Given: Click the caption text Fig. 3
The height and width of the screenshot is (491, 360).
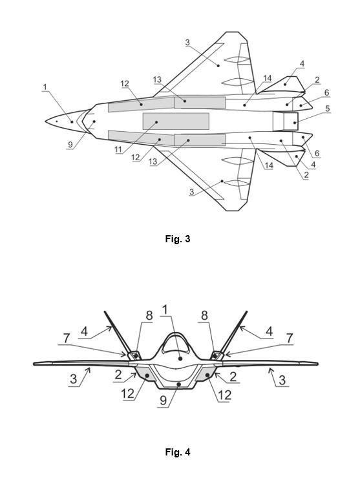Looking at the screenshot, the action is tap(177, 239).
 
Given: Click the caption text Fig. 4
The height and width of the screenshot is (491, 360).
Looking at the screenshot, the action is tap(177, 452).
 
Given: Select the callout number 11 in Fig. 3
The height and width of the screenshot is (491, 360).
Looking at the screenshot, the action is tap(118, 150).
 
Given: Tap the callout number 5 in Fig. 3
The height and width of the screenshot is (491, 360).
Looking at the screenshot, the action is tap(327, 109).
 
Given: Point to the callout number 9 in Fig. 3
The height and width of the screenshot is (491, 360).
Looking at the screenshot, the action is tap(70, 144).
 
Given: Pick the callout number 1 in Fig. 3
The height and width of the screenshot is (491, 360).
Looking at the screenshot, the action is tap(45, 87).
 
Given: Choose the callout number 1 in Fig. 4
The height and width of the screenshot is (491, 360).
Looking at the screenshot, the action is tap(165, 309).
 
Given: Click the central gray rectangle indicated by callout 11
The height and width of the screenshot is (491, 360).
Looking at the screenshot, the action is tap(176, 121).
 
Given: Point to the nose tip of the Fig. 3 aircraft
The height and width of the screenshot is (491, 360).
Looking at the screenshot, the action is tap(46, 121).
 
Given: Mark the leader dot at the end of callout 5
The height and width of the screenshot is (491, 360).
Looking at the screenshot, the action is tap(295, 123).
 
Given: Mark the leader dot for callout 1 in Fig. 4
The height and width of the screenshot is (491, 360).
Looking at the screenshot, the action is tap(180, 358).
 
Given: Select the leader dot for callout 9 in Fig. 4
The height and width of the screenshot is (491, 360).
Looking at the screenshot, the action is tap(178, 383).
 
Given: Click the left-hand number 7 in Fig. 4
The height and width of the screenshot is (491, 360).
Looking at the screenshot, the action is tap(66, 338).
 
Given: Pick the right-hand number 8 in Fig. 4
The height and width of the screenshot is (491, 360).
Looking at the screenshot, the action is tap(204, 315).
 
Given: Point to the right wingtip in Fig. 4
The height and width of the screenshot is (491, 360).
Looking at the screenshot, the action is tap(317, 364).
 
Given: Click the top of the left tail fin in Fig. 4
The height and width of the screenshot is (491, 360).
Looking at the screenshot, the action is tap(105, 311).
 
